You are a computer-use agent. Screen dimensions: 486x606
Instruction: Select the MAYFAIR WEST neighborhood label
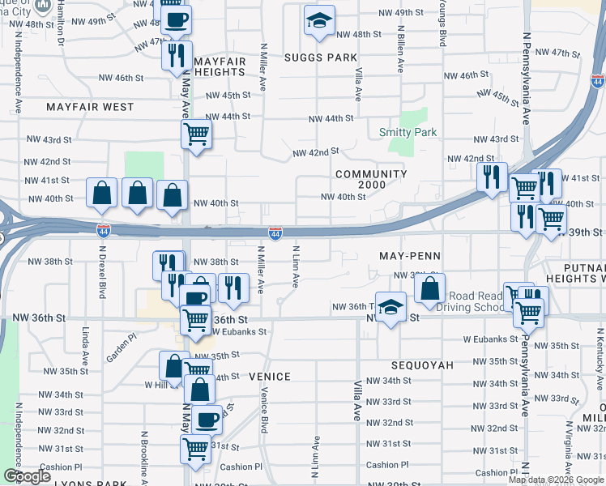point(90,107)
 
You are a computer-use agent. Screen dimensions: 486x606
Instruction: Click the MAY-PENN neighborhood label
point(410,256)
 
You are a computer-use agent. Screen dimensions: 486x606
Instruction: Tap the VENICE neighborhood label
point(269,376)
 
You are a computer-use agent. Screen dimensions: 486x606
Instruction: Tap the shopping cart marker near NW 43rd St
point(196,134)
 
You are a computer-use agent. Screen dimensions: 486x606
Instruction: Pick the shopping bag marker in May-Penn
point(429,288)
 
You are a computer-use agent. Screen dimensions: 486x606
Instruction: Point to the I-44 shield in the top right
point(597,81)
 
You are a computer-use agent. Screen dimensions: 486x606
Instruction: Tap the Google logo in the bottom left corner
point(27,476)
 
